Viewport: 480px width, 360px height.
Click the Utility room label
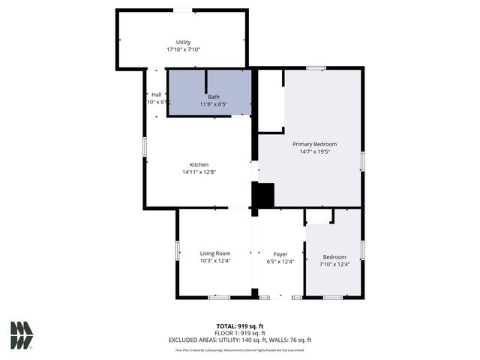[183, 42]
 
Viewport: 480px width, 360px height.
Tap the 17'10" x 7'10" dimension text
[183, 49]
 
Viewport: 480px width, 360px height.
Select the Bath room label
[214, 97]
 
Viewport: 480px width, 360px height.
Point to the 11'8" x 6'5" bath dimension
[214, 104]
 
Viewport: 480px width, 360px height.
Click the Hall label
[157, 94]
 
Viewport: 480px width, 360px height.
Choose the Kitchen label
[199, 164]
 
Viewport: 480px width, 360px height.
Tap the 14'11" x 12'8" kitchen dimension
[199, 172]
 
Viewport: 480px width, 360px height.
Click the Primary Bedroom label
[314, 143]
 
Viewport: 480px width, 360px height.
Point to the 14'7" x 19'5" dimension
[314, 151]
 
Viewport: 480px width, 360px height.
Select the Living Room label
[214, 253]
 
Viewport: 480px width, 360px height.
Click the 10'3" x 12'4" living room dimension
[214, 261]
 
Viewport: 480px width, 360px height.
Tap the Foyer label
[280, 253]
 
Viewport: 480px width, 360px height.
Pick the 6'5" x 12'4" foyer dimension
[280, 261]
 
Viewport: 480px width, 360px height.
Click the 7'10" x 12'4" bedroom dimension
[334, 264]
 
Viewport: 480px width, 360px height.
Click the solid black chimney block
[262, 195]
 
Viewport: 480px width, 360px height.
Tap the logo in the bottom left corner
[22, 334]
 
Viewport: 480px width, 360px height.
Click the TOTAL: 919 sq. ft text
[239, 325]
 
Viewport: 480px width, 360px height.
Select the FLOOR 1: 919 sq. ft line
[239, 332]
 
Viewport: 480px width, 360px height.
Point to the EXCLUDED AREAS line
[239, 340]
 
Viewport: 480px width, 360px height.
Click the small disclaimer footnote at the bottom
[239, 349]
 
